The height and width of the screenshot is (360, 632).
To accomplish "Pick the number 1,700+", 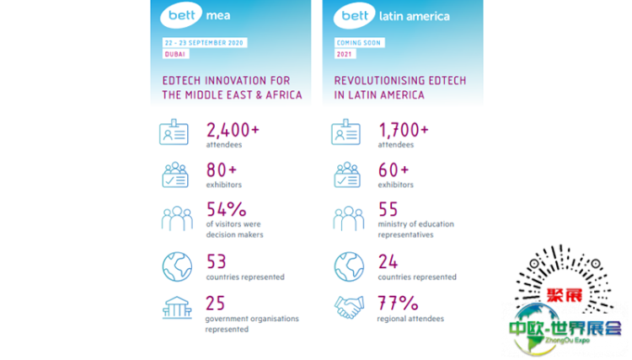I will coord(403,130).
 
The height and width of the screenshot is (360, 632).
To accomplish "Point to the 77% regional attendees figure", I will coord(397,304).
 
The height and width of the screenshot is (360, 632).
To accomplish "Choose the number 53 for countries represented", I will coord(218,261).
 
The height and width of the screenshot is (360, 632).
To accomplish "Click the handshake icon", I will coord(348,307).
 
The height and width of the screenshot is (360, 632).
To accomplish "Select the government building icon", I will coord(176,307).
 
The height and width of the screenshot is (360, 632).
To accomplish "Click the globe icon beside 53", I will coord(176,266).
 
